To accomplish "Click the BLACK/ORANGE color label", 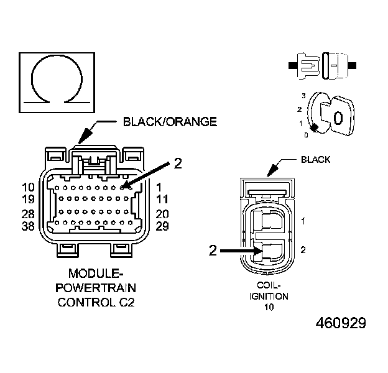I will [170, 122].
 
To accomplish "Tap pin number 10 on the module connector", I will [27, 187].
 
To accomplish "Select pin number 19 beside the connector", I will [27, 200].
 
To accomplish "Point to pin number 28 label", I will [27, 213].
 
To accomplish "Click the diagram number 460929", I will [340, 324].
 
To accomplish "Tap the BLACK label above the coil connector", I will [315, 160].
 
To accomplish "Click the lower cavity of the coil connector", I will [272, 251].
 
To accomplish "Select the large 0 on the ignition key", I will [338, 118].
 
